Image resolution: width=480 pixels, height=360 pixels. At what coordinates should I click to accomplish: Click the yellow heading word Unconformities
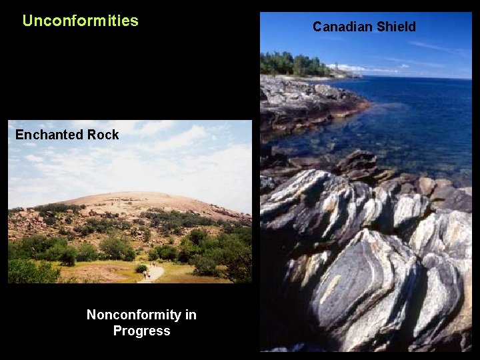[80, 21]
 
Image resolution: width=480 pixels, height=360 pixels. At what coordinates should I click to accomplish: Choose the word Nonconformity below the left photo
[141, 315]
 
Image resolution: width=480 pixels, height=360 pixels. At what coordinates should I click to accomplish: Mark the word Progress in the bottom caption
[141, 331]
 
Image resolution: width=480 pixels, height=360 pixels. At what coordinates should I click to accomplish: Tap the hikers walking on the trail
[145, 273]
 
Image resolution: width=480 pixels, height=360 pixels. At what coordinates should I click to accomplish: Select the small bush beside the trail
[141, 269]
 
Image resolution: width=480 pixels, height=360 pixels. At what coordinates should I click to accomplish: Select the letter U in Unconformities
[27, 21]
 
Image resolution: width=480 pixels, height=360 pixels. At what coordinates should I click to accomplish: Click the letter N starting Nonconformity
[91, 315]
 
